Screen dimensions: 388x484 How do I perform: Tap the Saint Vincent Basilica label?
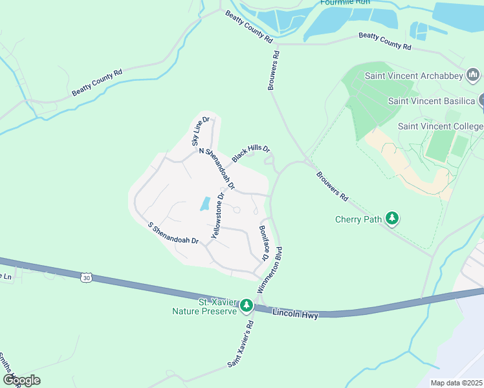click(x=432, y=101)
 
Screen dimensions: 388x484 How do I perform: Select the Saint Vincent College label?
click(x=440, y=126)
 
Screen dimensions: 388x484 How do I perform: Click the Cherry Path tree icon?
click(x=391, y=219)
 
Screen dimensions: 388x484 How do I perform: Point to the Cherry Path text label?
click(x=358, y=219)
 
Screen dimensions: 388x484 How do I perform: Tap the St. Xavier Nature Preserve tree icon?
click(x=246, y=305)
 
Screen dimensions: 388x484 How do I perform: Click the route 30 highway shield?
click(x=86, y=277)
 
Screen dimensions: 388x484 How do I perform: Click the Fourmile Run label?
click(x=345, y=3)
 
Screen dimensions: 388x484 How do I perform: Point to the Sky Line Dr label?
click(x=199, y=131)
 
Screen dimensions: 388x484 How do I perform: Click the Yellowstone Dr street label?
click(x=218, y=215)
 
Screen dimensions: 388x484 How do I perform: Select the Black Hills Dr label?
click(x=250, y=154)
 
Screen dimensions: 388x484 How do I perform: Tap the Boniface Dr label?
click(x=263, y=243)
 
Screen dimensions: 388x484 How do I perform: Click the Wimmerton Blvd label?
click(x=270, y=270)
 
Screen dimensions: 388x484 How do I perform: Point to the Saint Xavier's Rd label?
click(x=240, y=345)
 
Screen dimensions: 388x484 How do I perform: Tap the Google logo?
click(x=21, y=380)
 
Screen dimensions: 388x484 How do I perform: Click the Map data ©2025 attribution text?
click(x=456, y=383)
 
